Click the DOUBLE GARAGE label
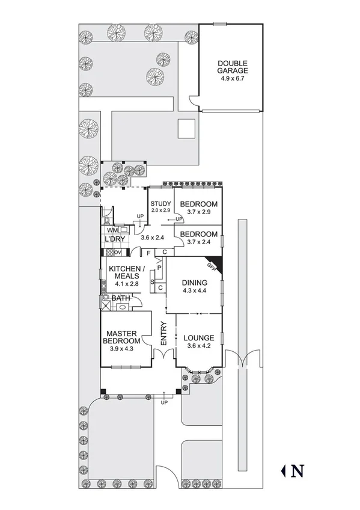coord(232,67)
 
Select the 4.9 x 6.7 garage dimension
coord(232,79)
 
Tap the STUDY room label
coord(161,203)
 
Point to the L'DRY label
coord(114,241)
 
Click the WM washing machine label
coord(112,230)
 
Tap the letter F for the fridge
coord(148,253)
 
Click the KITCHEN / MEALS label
coord(126,272)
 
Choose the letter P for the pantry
coord(159,267)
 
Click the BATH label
coord(121,298)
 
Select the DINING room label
coord(194,283)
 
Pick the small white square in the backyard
coord(186,128)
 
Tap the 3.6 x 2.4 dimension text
coord(153,238)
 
